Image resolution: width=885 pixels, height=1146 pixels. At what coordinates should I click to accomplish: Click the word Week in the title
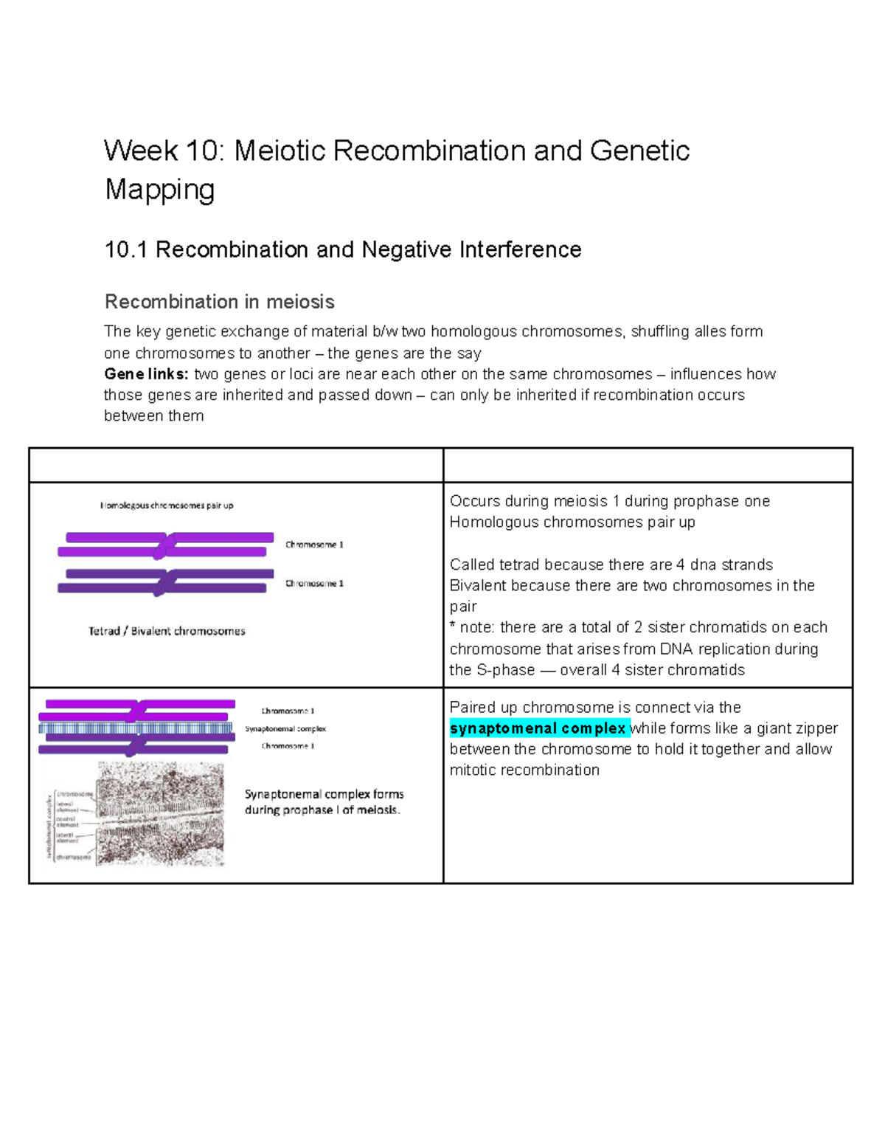point(141,151)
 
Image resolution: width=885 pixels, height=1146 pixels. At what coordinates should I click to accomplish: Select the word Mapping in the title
point(159,190)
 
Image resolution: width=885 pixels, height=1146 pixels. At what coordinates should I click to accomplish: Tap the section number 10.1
point(127,250)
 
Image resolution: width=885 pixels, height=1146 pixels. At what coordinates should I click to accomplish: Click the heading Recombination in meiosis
point(219,302)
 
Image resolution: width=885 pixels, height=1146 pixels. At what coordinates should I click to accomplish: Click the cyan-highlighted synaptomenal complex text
point(538,728)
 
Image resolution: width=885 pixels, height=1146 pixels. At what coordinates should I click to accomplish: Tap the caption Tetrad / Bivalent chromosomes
point(167,631)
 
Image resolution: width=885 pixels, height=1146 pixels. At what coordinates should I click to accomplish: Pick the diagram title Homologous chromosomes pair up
point(167,505)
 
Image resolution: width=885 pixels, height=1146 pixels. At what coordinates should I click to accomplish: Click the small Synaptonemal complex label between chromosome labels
point(285,728)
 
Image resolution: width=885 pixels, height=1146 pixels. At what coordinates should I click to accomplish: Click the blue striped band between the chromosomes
point(136,728)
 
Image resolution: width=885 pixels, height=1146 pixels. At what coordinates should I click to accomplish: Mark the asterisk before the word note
point(453,627)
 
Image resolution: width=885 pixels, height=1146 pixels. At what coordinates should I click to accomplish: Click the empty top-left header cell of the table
point(236,466)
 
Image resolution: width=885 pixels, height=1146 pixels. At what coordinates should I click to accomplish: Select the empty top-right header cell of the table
point(648,466)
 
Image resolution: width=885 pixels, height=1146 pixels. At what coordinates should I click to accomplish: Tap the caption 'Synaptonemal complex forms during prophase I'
point(324,802)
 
